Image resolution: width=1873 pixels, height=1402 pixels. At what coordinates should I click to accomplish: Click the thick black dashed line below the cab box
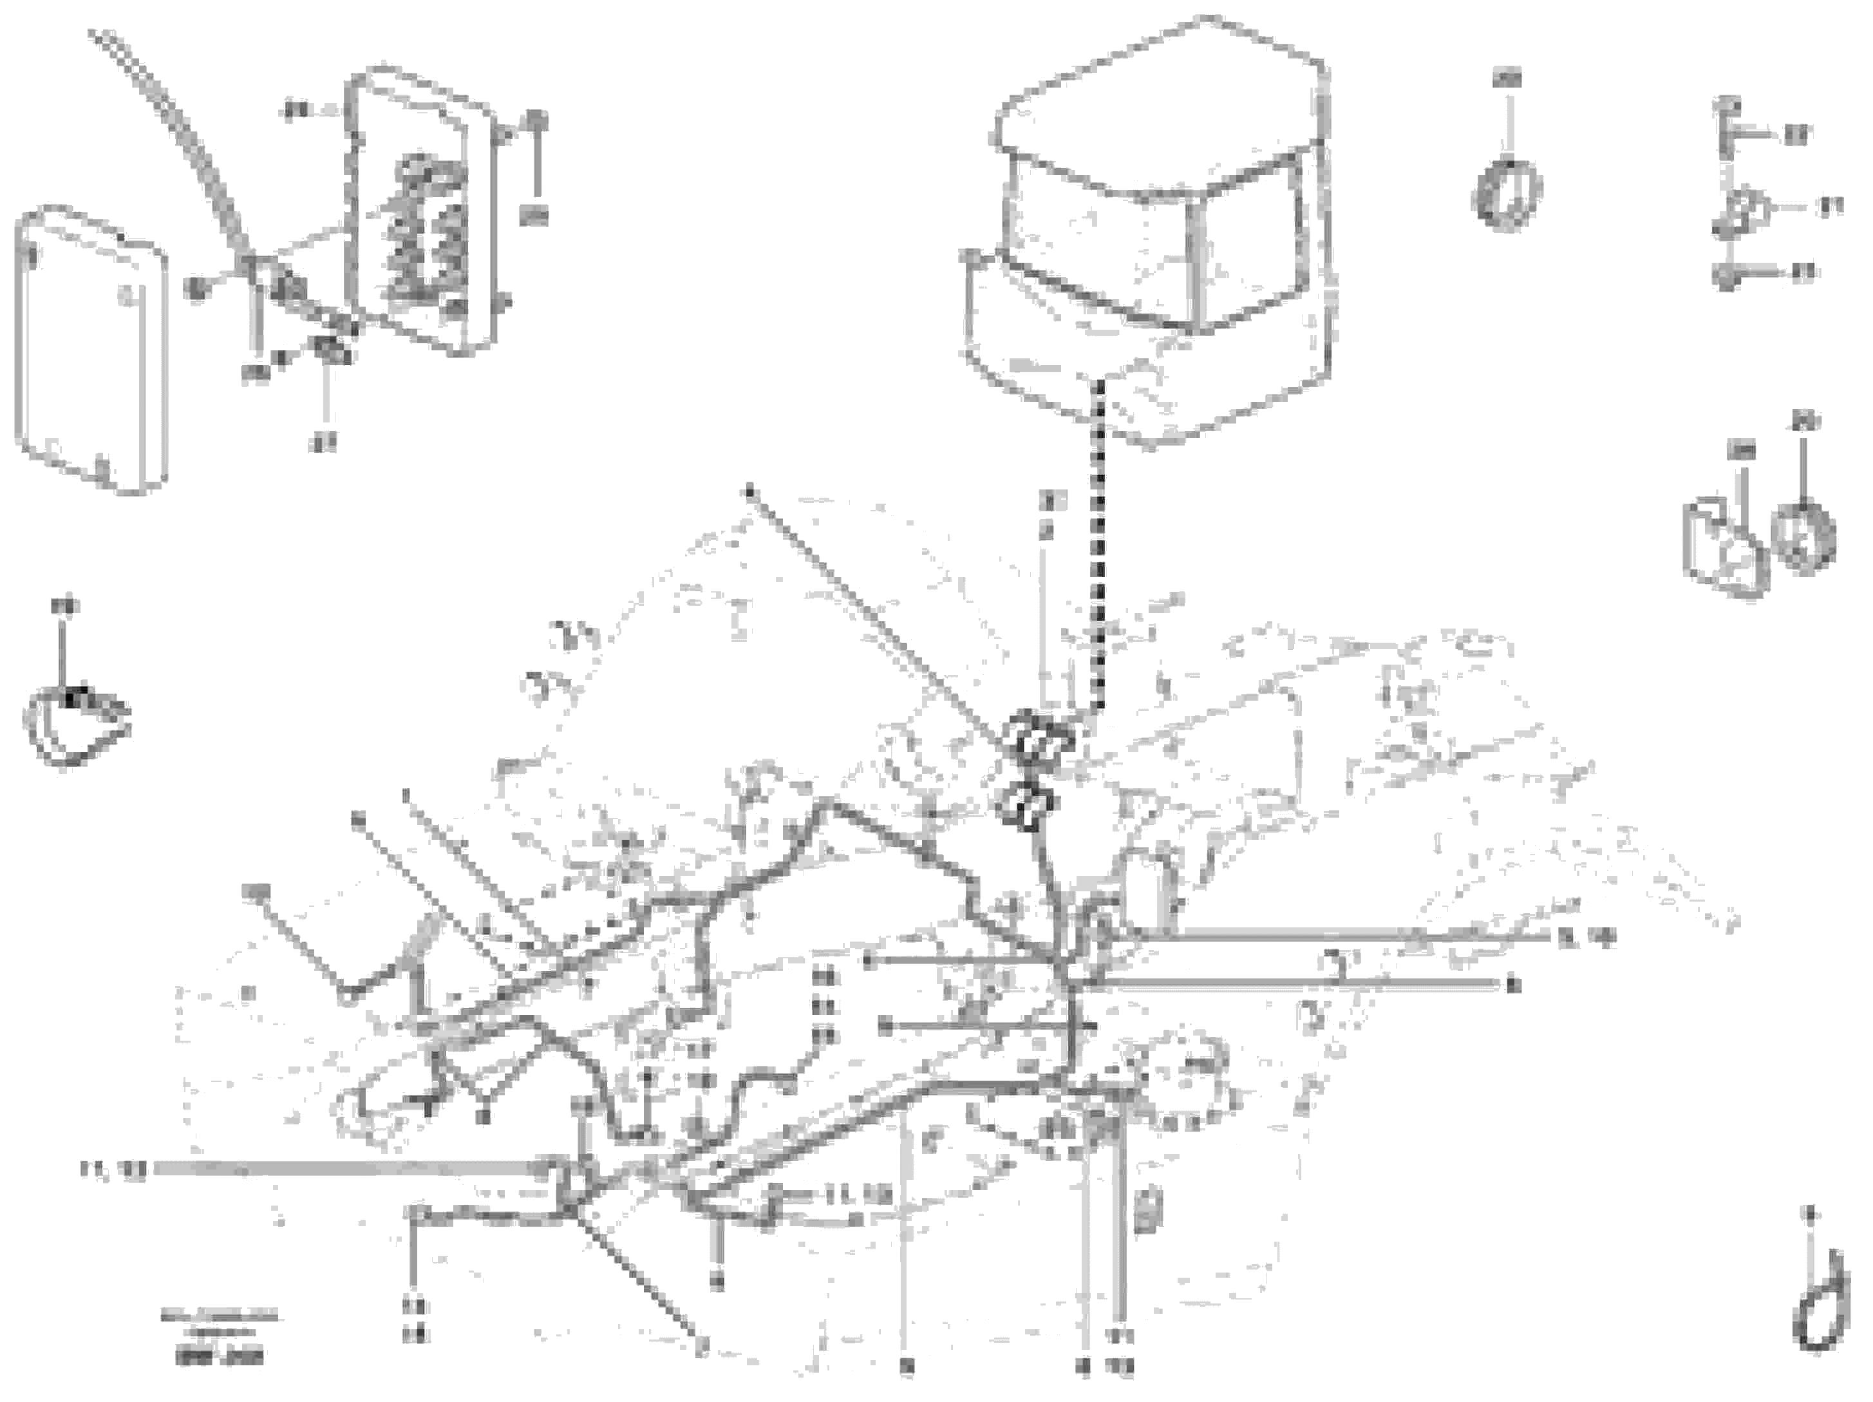[1099, 542]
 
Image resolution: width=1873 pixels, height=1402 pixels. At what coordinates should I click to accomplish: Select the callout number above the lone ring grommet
[1507, 79]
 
